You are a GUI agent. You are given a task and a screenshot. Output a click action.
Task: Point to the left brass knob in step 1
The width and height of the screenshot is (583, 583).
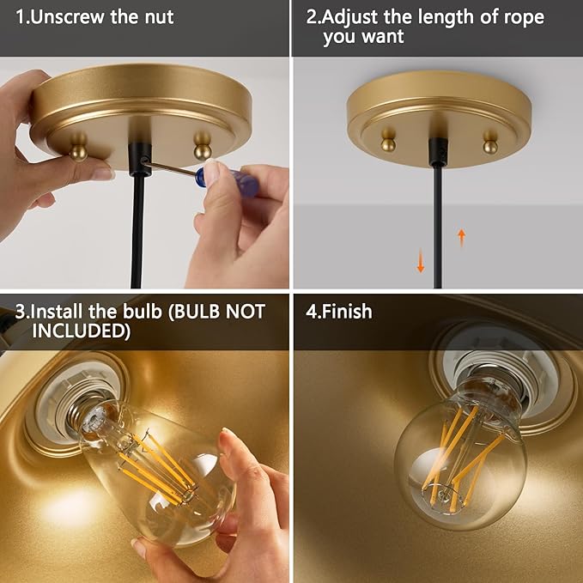[78, 147]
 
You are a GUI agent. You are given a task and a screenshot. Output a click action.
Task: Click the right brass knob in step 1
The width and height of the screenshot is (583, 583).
[203, 145]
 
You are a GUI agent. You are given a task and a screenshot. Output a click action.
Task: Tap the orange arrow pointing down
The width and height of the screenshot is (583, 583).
[421, 261]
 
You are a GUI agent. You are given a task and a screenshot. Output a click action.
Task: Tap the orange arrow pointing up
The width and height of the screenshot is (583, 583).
[461, 238]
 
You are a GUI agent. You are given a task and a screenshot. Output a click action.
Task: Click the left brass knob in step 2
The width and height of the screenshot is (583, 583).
[388, 140]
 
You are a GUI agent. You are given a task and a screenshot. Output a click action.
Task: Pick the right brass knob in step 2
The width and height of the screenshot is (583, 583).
[490, 141]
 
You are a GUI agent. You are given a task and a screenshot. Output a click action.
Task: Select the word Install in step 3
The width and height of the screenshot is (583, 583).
[53, 311]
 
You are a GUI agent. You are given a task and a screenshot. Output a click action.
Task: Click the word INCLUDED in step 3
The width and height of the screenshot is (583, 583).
[82, 331]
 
